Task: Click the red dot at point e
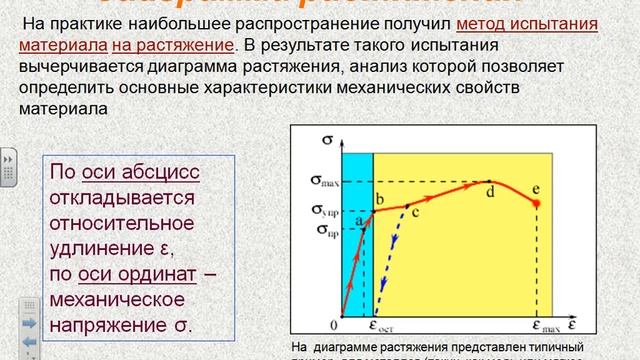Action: click(x=537, y=203)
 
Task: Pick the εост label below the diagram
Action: click(x=380, y=326)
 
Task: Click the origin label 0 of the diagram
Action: click(x=334, y=326)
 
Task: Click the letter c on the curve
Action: click(x=415, y=211)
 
